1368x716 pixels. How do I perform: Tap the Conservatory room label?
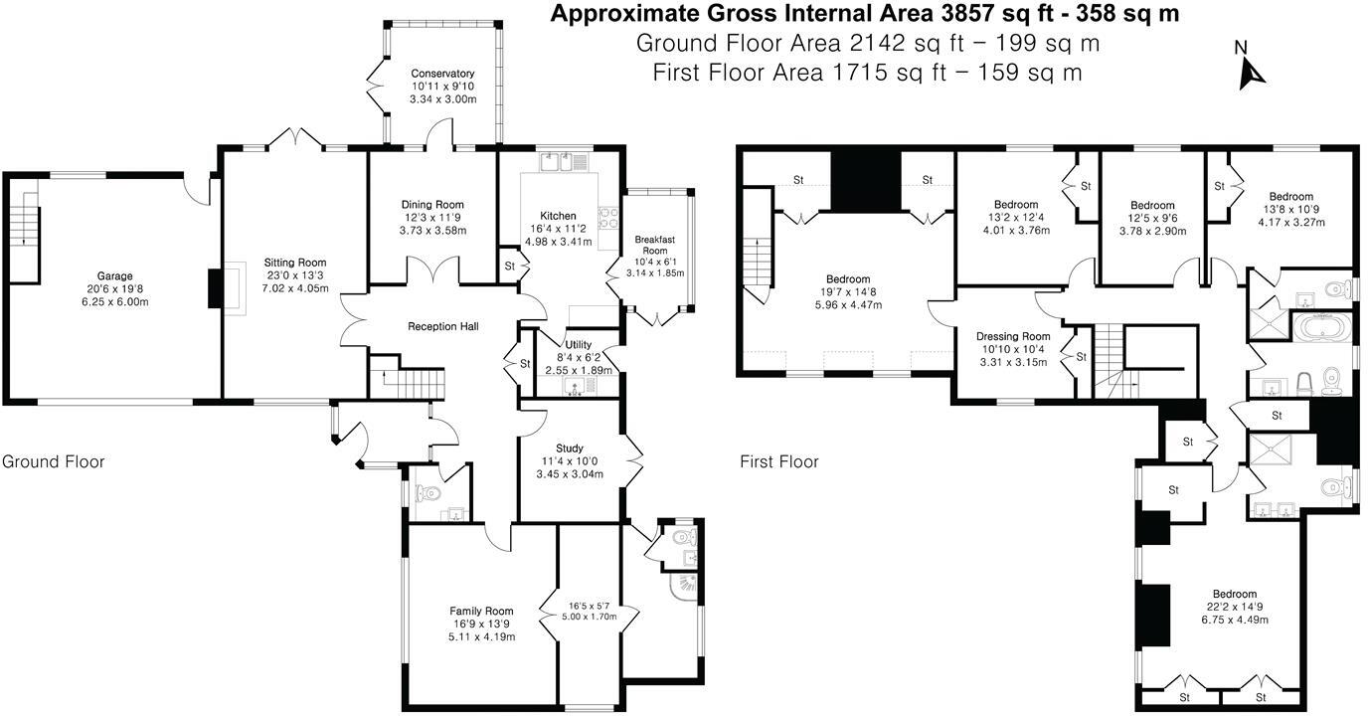click(442, 74)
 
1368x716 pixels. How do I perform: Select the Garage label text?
click(114, 276)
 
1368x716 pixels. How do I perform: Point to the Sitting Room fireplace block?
click(216, 287)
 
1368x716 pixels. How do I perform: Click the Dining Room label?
click(432, 205)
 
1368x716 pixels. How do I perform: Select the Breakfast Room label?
click(655, 245)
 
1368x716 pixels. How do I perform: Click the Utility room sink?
click(575, 386)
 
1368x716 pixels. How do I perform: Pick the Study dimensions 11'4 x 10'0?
click(570, 461)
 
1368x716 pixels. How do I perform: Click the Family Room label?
click(481, 611)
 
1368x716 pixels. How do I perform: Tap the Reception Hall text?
click(442, 326)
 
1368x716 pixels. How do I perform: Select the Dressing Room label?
click(1013, 336)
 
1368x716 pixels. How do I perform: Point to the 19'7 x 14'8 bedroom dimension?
click(848, 292)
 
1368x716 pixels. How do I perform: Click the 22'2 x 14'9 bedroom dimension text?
click(1234, 607)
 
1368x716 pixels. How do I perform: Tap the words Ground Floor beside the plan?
click(53, 461)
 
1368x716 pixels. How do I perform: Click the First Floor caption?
click(778, 461)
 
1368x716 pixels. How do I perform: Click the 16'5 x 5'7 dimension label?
click(590, 606)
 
